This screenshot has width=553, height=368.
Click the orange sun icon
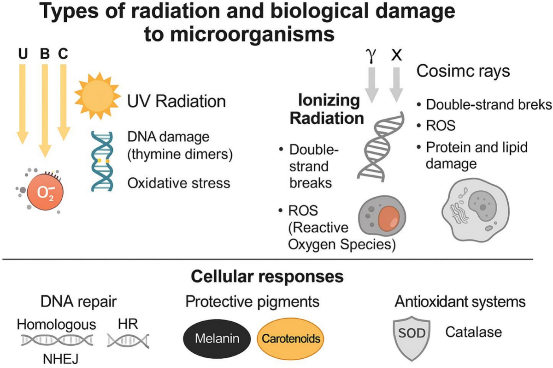[x=98, y=96]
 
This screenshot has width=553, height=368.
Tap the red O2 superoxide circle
[x=45, y=192]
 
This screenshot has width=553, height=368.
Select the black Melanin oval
[x=217, y=338]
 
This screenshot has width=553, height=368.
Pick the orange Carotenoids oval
[x=290, y=338]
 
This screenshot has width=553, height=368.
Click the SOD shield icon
[x=412, y=338]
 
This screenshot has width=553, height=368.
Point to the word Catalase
[x=474, y=332]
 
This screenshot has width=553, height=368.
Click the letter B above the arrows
[x=45, y=54]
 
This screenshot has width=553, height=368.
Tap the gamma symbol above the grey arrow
[x=371, y=55]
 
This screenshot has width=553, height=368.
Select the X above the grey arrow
[x=396, y=55]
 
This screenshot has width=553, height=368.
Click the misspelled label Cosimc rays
[x=463, y=71]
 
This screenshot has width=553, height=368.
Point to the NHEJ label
[x=60, y=359]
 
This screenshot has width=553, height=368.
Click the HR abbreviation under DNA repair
[x=128, y=324]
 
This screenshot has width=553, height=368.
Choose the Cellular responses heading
[x=267, y=276]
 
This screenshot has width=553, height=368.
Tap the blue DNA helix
[x=102, y=161]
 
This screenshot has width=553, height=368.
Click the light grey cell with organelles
[x=475, y=210]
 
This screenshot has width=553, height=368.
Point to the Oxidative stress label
[x=179, y=183]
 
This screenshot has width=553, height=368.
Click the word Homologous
[x=56, y=324]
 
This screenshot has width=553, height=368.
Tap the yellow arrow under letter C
[x=64, y=103]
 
